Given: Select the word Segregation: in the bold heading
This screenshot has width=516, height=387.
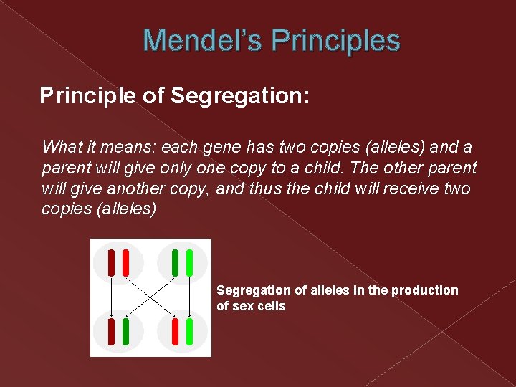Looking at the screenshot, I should pos(240,96).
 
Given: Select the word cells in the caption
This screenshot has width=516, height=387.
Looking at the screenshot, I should pos(272,306).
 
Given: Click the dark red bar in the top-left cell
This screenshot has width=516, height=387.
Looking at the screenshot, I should pos(112,262).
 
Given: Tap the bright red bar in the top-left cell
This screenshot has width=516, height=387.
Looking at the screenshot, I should pos(125,262).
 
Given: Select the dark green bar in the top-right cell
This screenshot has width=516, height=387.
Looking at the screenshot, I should pos(176,262).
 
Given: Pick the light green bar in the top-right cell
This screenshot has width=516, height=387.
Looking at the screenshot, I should pos(189,262).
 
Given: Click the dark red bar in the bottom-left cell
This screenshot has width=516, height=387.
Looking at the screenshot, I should pos(112,332).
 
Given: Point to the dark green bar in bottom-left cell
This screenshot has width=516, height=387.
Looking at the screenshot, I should pos(125,332).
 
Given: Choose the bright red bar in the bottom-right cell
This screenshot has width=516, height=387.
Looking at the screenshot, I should pos(176,332).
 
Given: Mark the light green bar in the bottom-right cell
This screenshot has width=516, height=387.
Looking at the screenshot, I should pos(189,332).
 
